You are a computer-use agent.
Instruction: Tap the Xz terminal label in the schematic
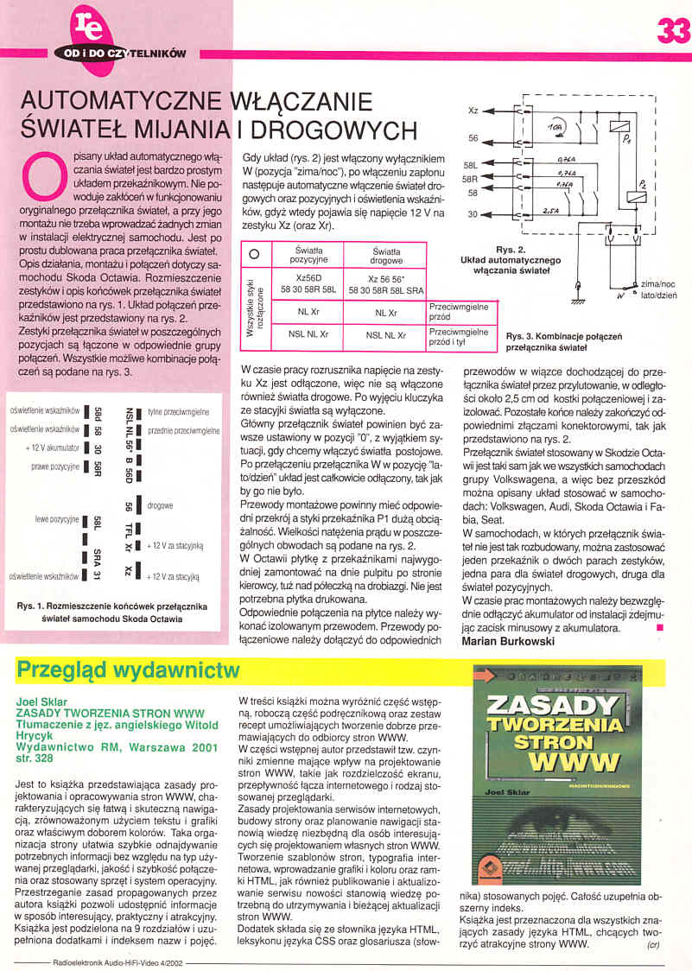coord(473,111)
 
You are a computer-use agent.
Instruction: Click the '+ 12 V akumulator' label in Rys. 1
coord(53,447)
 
